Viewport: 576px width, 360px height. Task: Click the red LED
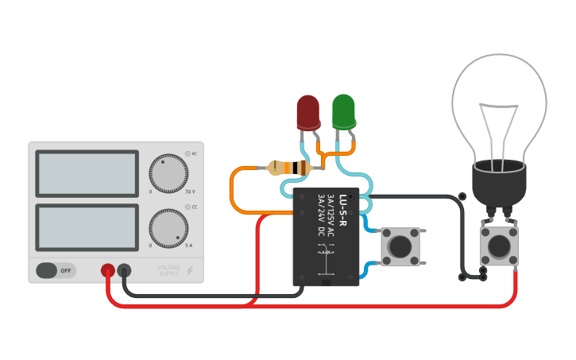pos(308,112)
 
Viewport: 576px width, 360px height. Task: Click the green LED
pos(343,111)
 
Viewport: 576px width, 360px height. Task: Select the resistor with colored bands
pos(289,168)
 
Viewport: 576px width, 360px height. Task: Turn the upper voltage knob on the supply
pos(168,173)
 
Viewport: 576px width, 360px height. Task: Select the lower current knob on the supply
pos(168,228)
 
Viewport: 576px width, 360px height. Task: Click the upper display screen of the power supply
pos(87,174)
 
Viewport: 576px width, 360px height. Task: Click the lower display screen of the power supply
pos(87,227)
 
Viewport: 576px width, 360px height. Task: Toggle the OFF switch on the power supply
pos(56,270)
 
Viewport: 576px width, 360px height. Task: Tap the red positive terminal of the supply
pos(108,270)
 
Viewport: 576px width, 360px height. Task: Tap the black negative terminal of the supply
pos(125,270)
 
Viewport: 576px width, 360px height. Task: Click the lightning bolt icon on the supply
pos(189,270)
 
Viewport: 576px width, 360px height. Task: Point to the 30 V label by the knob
pos(190,192)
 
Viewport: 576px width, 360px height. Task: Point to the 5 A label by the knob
pos(189,246)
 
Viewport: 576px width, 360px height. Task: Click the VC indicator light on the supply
pos(188,153)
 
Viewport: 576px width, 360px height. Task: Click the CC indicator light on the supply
pos(188,207)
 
